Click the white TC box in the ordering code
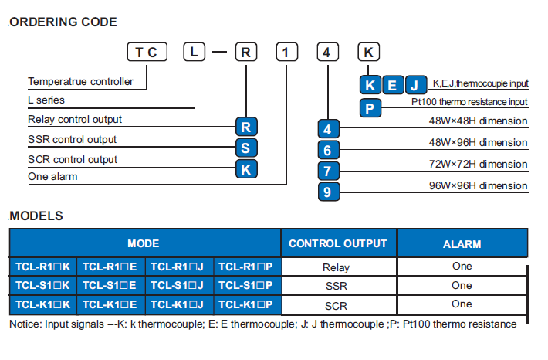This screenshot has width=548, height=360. pos(147,52)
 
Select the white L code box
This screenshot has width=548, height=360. pos(194,52)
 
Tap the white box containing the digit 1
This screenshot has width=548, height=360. pos(287,52)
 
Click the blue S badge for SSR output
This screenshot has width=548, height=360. pos(246,148)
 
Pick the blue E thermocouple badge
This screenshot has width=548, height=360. pos(393,85)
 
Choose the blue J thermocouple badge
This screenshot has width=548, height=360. pos(415,85)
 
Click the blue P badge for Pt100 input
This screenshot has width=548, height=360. pos(370,108)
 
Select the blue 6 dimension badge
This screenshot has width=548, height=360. pos(329,150)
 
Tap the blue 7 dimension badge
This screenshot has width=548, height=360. pos(329,171)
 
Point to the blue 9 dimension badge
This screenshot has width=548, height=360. pos(329,192)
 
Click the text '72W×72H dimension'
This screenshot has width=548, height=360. pos(478,164)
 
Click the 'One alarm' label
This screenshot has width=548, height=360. pos(52,176)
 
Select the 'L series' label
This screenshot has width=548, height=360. pos(46,100)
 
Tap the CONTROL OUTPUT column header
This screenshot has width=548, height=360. pos(338,243)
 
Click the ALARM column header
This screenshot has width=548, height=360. pos(462,243)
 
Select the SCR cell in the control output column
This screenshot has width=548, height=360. pos(337,306)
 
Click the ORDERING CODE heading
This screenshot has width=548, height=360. pos(63,22)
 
